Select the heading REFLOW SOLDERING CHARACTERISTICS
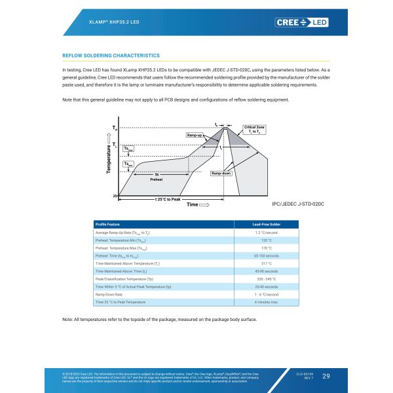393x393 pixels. (110, 56)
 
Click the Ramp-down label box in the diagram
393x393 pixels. (221, 174)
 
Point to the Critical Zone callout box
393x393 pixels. (254, 130)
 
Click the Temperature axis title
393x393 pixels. (109, 157)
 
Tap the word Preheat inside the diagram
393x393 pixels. (157, 179)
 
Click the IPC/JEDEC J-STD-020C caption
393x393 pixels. (298, 204)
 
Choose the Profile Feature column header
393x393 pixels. (108, 225)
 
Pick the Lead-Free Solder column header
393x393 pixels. (266, 225)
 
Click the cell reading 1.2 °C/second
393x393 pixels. (266, 233)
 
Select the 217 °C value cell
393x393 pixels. (266, 263)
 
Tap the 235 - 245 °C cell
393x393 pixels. (266, 279)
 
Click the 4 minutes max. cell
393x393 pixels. (266, 302)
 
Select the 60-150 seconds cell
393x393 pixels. (266, 255)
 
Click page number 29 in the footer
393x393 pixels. (326, 376)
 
